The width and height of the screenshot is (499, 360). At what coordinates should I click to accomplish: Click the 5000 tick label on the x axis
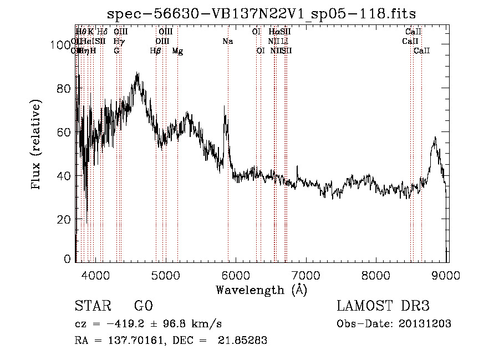point(165,275)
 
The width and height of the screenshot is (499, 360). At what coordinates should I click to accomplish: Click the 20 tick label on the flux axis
point(64,219)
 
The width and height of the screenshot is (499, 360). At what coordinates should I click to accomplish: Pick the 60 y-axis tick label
point(64,132)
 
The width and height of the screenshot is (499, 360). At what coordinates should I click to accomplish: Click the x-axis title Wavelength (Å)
point(261,290)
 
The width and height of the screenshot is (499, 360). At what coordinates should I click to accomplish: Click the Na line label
point(227,41)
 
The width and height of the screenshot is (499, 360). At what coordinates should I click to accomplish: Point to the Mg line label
point(177,50)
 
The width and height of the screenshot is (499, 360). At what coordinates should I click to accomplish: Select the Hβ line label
point(155,50)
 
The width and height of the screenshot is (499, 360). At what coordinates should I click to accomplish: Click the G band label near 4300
point(116,50)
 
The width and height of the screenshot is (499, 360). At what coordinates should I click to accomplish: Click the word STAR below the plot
point(92,306)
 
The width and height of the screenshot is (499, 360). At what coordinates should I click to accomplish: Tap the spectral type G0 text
point(143,306)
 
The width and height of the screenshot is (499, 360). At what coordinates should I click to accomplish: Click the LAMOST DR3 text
point(383,306)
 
